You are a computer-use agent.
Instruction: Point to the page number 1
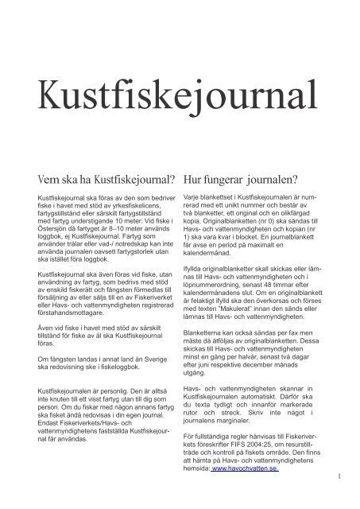point(339,477)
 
